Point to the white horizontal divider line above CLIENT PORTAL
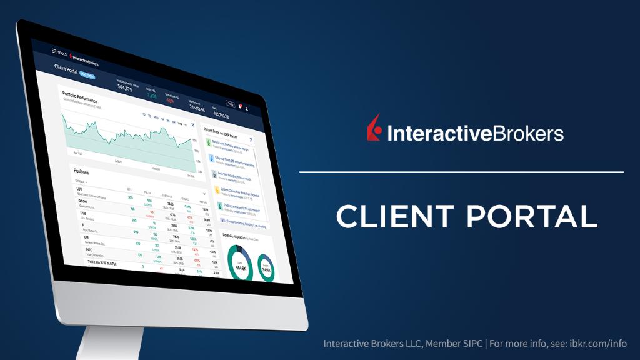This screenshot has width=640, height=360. (x=461, y=171)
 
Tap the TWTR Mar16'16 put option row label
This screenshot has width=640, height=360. (x=93, y=263)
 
